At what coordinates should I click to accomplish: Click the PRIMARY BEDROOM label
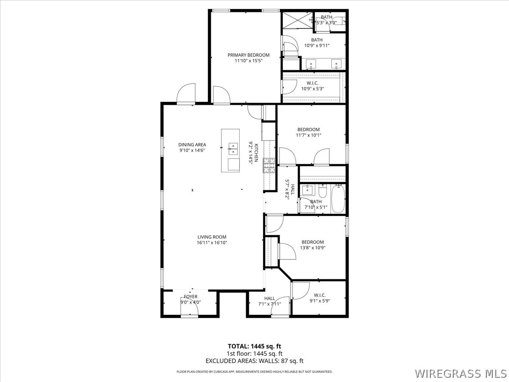(248, 55)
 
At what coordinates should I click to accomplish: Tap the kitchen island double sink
(233, 148)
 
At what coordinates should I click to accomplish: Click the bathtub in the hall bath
(338, 198)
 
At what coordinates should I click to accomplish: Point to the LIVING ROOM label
(212, 237)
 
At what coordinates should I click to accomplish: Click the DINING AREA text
(192, 145)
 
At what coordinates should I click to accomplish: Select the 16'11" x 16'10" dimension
(212, 243)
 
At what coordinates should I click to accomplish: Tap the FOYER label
(190, 297)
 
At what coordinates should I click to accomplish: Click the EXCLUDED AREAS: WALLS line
(254, 361)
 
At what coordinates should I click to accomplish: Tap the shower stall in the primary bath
(297, 20)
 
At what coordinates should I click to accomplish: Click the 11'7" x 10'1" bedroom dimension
(308, 135)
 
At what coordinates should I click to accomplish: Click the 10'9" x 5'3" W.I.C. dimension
(313, 89)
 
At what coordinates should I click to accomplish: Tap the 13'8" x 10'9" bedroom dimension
(313, 248)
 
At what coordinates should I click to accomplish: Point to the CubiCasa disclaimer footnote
(254, 371)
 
